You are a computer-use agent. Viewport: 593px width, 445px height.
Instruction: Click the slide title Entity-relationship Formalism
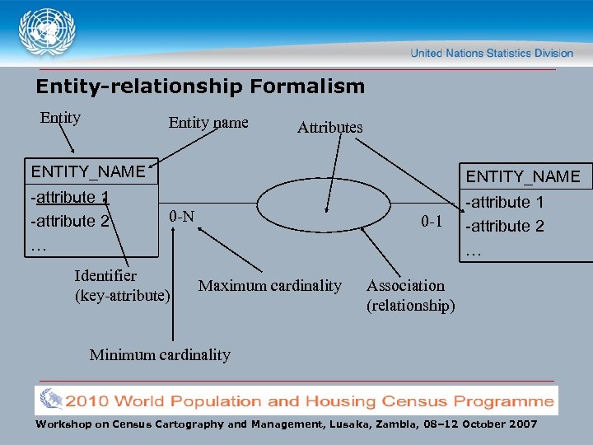click(199, 86)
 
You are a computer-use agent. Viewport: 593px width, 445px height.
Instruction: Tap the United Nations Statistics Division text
click(492, 53)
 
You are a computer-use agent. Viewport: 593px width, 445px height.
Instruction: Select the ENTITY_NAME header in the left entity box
click(87, 171)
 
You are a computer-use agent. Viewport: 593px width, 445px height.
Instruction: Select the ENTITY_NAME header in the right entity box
click(523, 176)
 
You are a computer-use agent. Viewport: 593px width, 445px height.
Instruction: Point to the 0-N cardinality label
click(181, 217)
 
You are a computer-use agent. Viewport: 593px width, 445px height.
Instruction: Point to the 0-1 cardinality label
click(432, 222)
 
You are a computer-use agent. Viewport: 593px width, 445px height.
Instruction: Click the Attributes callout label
click(329, 127)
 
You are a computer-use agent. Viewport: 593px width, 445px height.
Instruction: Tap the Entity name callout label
click(208, 123)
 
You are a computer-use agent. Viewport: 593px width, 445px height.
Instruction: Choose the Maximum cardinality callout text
click(270, 286)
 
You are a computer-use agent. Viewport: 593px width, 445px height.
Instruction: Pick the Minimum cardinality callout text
click(160, 355)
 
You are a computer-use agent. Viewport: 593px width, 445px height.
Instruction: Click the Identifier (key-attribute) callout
click(122, 285)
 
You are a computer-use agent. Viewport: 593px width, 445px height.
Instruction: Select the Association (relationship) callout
click(410, 296)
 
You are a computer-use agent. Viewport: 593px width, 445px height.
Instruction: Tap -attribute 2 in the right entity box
click(505, 226)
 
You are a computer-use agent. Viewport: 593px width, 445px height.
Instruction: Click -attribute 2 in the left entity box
click(70, 221)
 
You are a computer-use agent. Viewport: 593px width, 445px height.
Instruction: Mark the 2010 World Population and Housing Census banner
click(296, 401)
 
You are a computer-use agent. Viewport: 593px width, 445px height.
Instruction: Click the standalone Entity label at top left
click(60, 118)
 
